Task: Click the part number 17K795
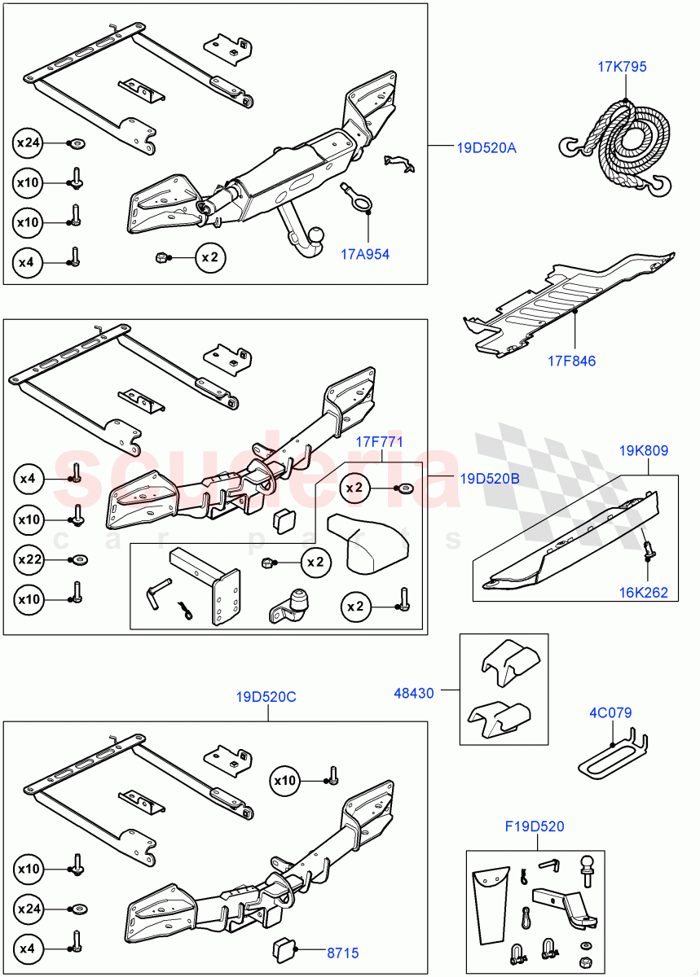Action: (x=622, y=67)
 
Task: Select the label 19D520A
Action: (x=486, y=148)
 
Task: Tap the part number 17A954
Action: (x=365, y=254)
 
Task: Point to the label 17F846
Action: (x=570, y=361)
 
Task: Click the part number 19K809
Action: (x=643, y=449)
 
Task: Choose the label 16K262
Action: (x=642, y=593)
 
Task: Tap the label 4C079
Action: (x=610, y=712)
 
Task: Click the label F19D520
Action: (x=535, y=827)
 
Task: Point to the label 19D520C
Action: (x=267, y=697)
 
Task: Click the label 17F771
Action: (x=379, y=441)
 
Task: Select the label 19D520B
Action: (x=489, y=479)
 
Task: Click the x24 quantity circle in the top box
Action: (x=29, y=144)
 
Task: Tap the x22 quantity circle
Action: (x=29, y=559)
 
